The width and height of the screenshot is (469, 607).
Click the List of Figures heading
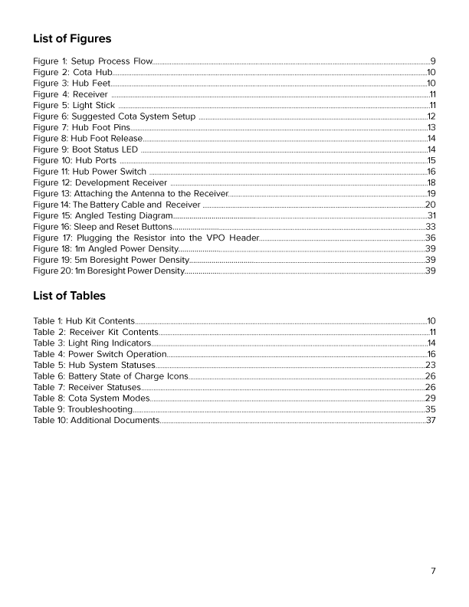[x=72, y=38]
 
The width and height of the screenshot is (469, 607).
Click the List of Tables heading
[x=70, y=296]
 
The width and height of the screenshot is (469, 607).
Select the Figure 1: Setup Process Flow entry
[x=93, y=61]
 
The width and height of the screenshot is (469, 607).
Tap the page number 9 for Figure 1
[x=433, y=61]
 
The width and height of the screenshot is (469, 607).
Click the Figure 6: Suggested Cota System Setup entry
[x=114, y=116]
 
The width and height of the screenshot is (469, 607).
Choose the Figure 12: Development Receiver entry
[x=100, y=183]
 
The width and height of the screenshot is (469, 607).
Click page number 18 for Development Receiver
[x=431, y=183]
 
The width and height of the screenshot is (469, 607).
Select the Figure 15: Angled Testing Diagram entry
[x=102, y=216]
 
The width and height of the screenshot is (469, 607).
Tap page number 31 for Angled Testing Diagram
[x=431, y=216]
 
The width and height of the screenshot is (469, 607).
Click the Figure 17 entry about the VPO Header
[x=146, y=238]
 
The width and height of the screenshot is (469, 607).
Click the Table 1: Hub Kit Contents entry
[x=84, y=320]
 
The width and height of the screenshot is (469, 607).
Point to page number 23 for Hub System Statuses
[x=431, y=365]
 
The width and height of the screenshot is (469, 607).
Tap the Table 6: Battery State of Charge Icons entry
[x=110, y=376]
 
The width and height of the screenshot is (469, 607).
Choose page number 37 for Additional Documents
[x=431, y=421]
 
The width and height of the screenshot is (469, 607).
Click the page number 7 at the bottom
[x=433, y=571]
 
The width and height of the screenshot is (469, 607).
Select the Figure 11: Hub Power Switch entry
[x=90, y=172]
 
